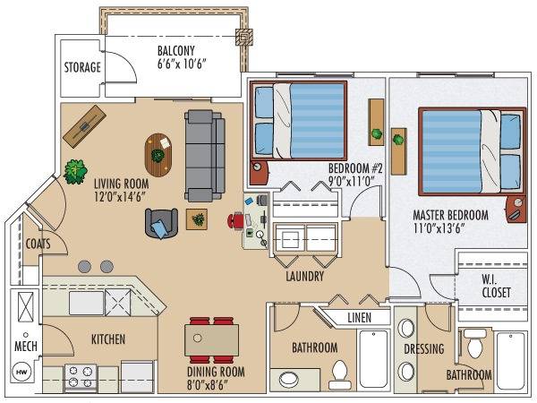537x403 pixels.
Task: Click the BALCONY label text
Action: (176, 51)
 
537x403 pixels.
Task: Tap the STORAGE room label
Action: (82, 67)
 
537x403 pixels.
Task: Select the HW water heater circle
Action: (21, 372)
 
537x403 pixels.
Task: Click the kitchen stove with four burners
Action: (81, 378)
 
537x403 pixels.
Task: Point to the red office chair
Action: (235, 220)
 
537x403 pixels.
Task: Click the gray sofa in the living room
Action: (205, 156)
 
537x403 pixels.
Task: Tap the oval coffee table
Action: (158, 155)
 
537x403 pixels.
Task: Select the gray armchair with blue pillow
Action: (161, 223)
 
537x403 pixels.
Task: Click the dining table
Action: (211, 340)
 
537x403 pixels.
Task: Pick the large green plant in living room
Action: (75, 171)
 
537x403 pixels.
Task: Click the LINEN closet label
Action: (359, 318)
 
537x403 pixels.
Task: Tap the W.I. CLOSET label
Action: (496, 287)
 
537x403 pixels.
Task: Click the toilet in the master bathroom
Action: (475, 344)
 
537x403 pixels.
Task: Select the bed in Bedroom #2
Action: (298, 121)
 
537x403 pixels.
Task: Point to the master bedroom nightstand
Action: (516, 209)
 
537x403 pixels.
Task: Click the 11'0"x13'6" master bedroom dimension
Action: (439, 228)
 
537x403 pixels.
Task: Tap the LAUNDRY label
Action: (305, 276)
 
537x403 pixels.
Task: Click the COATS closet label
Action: (38, 244)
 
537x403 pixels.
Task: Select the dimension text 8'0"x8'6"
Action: (208, 385)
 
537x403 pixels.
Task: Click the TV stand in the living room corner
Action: (84, 126)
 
